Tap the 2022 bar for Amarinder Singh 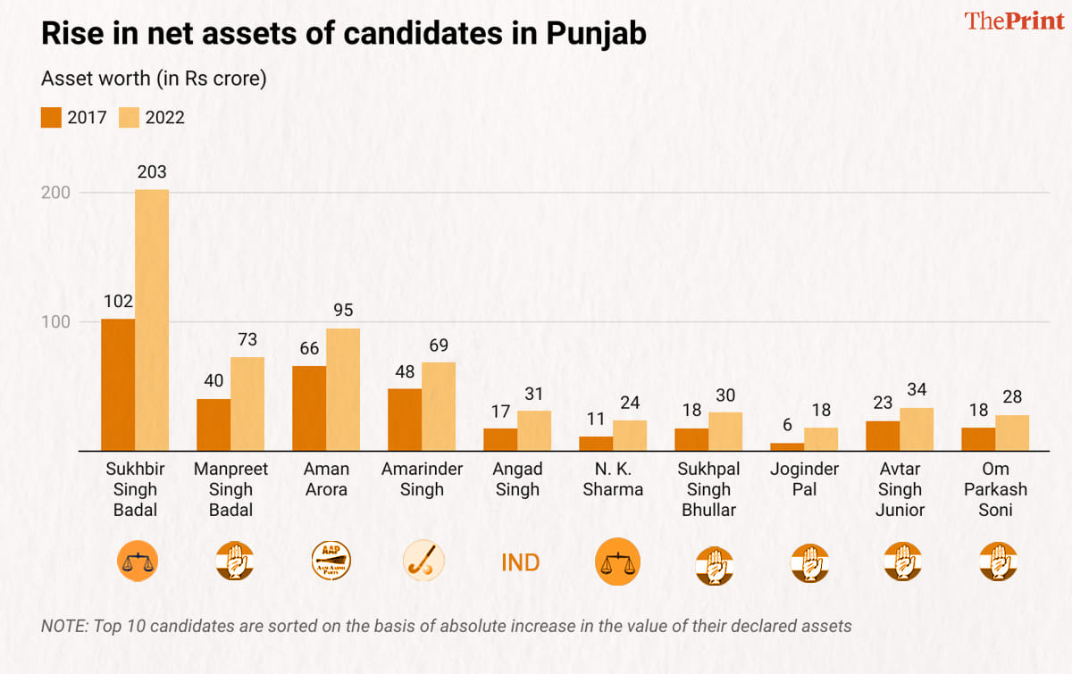(439, 406)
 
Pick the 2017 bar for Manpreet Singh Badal (214, 424)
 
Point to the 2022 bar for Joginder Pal (821, 439)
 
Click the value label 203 (152, 172)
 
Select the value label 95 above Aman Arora (343, 311)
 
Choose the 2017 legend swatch (51, 117)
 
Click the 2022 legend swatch (130, 117)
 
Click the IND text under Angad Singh (520, 563)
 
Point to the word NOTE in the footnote (63, 626)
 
